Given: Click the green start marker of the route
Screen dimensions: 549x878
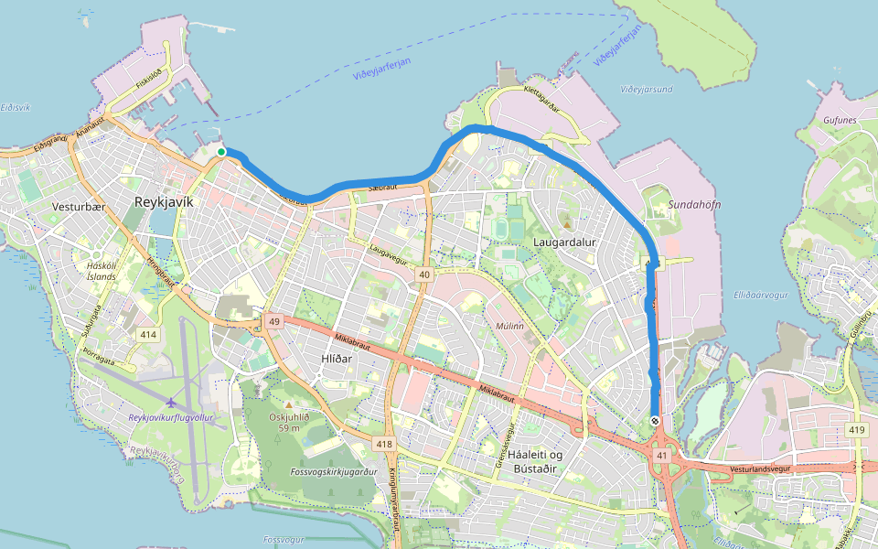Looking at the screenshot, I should (x=221, y=152).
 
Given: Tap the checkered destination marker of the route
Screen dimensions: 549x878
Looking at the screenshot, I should (x=656, y=421).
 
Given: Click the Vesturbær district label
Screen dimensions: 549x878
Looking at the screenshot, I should (x=80, y=207).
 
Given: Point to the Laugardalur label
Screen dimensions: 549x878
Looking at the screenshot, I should (x=564, y=242).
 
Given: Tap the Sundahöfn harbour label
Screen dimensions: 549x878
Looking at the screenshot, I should (x=694, y=204).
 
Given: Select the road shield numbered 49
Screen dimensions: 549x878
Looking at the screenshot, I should (x=273, y=321).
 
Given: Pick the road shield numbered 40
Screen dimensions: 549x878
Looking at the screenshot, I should (x=423, y=274).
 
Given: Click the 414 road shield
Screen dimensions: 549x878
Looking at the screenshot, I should (x=148, y=336).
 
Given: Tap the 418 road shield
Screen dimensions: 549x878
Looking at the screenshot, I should (x=384, y=444).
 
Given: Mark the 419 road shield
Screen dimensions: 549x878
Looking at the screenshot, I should (x=857, y=430).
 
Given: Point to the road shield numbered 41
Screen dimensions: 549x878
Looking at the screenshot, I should (x=660, y=455).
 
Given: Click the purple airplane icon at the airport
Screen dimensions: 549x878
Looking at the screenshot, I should (x=171, y=403).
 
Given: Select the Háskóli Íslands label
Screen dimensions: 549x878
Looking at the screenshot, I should (x=101, y=271).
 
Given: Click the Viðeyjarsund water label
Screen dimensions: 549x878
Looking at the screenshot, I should (x=646, y=90).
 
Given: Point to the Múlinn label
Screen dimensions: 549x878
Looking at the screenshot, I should (x=509, y=325).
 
